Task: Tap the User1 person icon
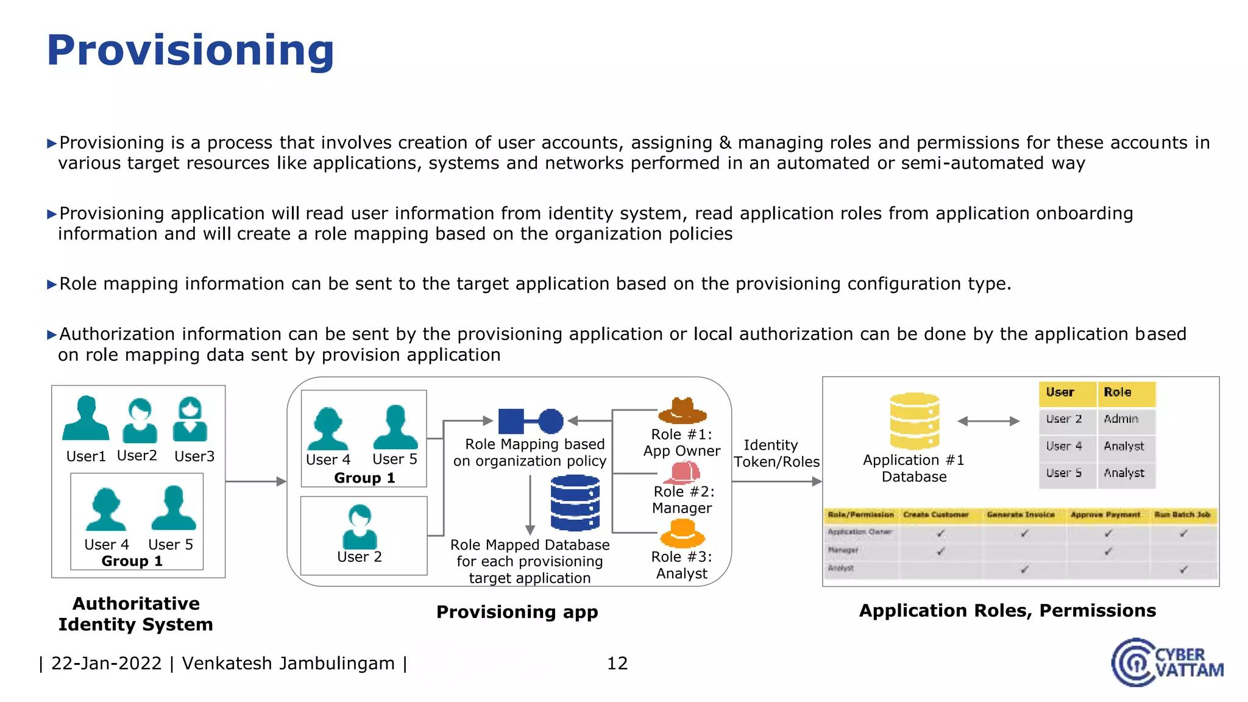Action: click(86, 419)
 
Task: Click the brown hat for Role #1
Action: click(682, 411)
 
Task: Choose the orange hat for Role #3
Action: click(682, 534)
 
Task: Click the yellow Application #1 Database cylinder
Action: click(914, 421)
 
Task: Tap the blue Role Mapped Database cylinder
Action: click(575, 503)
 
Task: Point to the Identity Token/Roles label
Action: click(776, 453)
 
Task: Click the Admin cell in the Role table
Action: click(1121, 419)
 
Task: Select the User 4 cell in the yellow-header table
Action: click(1064, 446)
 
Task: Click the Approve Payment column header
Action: click(1105, 515)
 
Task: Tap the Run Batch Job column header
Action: click(1182, 515)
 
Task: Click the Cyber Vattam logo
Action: click(1166, 662)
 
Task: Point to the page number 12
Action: click(617, 663)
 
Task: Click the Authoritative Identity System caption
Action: click(136, 614)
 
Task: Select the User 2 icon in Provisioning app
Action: click(360, 528)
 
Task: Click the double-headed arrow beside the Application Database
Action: click(988, 421)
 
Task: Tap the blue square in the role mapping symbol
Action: click(511, 421)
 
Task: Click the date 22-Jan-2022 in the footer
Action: click(106, 663)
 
